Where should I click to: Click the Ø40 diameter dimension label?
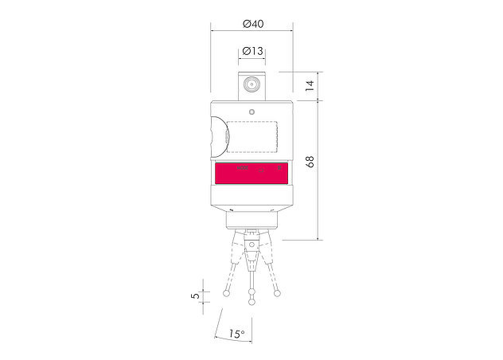coord(251,25)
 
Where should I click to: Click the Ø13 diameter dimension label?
coord(251,51)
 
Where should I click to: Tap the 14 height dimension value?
coord(310,84)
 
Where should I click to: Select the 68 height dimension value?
coord(310,162)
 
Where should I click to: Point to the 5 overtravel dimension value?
coord(195,295)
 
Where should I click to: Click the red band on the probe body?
coord(251,172)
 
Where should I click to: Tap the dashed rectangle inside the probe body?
coord(251,136)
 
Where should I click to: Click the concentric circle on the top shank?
coord(251,84)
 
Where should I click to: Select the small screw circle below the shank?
coord(251,112)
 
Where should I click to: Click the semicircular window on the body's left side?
coord(216,136)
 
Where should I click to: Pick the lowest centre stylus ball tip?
coord(252,302)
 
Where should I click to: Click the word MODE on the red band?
coord(244,169)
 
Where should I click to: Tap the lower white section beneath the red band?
coord(251,194)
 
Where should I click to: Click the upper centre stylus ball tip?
coord(252,291)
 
